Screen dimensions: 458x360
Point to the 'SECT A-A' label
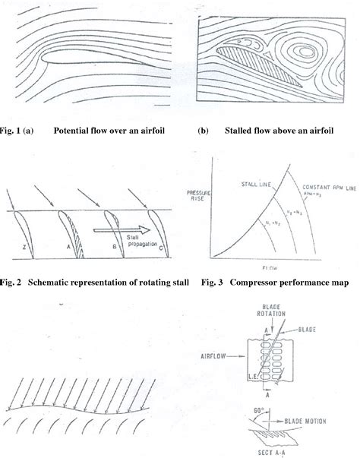coord(266,451)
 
